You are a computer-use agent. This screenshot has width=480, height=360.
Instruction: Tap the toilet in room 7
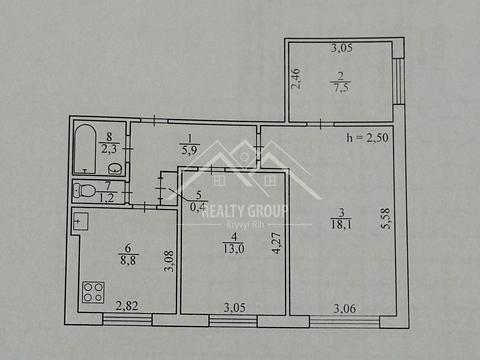click(87, 190)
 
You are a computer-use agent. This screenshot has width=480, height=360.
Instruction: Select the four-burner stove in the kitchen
click(93, 292)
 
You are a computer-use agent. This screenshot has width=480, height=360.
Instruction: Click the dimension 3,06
click(344, 307)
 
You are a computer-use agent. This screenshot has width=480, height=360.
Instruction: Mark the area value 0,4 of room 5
click(199, 207)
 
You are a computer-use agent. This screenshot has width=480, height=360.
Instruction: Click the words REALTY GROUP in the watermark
click(244, 210)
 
